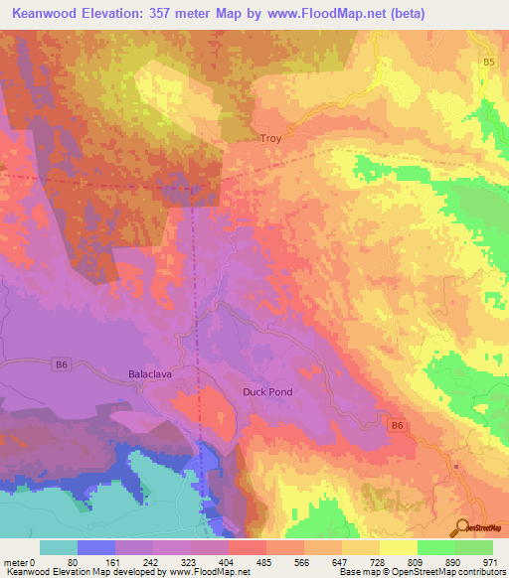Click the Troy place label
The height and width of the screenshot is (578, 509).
point(270,139)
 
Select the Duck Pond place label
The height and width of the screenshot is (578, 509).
point(267,392)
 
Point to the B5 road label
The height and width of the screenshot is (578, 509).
point(488,63)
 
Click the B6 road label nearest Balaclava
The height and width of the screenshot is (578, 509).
point(63,364)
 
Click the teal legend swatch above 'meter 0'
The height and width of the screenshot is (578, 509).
point(59,547)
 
